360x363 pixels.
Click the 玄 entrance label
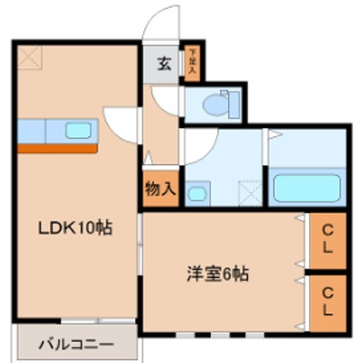[164, 65]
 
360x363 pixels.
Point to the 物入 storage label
[160, 188]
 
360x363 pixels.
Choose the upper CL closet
[328, 241]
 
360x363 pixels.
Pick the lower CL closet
[328, 301]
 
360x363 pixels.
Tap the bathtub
[306, 188]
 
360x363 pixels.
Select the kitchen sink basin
[78, 129]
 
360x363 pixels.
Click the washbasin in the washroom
[198, 194]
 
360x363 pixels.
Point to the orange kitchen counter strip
[58, 148]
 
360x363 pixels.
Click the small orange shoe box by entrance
[191, 64]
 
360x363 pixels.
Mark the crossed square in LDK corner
[30, 57]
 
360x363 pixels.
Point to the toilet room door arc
[167, 100]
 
